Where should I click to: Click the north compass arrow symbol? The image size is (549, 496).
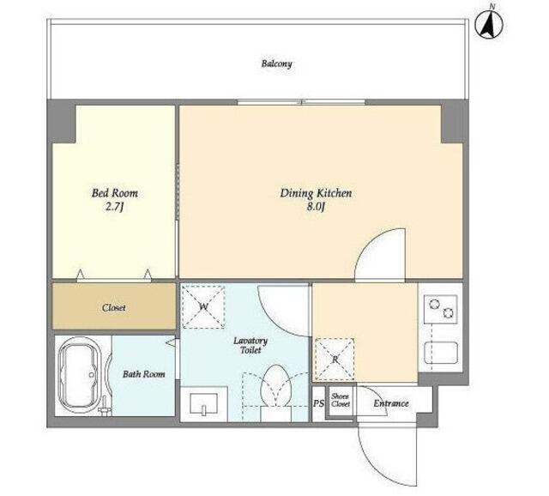click(x=489, y=25)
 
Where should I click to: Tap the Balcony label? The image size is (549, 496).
click(x=276, y=64)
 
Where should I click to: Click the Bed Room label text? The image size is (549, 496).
click(x=114, y=193)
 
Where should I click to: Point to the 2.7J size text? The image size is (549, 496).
click(x=115, y=207)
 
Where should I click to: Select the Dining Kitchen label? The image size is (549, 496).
click(x=316, y=193)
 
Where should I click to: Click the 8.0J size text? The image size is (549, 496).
click(x=317, y=207)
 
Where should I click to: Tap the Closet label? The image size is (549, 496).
click(x=114, y=308)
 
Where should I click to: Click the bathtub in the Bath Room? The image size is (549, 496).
click(x=80, y=375)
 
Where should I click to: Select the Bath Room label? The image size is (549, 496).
click(x=143, y=374)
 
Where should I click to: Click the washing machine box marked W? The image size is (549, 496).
click(x=203, y=307)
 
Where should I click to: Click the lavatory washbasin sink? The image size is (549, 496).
click(x=203, y=404)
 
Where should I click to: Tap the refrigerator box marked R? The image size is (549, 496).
click(x=335, y=360)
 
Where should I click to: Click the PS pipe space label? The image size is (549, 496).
click(x=318, y=403)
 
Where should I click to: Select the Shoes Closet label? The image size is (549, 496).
click(x=341, y=400)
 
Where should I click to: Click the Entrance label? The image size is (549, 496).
click(x=391, y=403)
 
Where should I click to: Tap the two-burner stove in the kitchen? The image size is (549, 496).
click(x=440, y=309)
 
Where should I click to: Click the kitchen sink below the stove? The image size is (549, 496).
click(x=441, y=353)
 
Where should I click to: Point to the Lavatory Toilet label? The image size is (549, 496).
click(x=250, y=345)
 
